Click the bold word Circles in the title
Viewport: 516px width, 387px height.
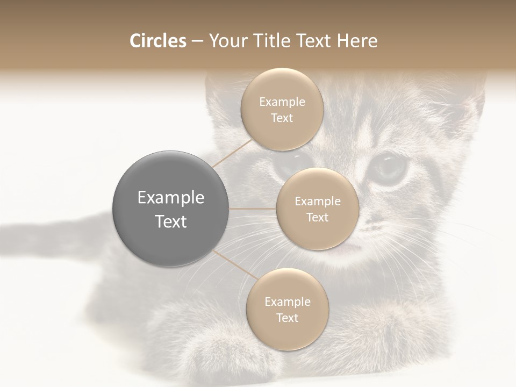[x=157, y=41]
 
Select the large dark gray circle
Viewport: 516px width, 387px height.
[x=170, y=209]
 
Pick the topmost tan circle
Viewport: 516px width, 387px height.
[x=282, y=109]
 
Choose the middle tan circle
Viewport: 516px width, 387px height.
[x=317, y=209]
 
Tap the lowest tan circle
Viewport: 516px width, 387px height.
[x=287, y=309]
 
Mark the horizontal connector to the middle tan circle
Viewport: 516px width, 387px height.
[x=253, y=209]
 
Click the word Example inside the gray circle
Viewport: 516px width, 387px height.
[x=170, y=198]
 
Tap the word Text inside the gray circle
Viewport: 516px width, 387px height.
[x=170, y=221]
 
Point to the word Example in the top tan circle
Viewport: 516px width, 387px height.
[x=282, y=102]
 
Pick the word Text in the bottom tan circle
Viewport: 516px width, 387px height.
[x=287, y=318]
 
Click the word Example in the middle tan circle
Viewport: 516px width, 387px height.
[x=317, y=202]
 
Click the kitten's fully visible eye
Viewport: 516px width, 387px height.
[x=390, y=167]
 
